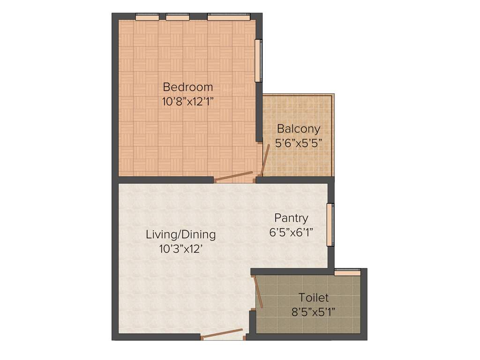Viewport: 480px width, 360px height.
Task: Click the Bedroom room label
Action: coord(187,87)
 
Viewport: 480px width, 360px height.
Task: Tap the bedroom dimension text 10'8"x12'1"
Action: coord(187,101)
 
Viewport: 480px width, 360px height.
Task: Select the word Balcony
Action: coord(299,128)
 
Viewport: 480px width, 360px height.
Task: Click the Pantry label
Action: coord(291,218)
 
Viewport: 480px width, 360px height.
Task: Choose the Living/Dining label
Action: coord(180,234)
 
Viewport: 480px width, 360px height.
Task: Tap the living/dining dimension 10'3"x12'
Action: coord(180,248)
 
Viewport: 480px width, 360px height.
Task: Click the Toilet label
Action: coord(314,298)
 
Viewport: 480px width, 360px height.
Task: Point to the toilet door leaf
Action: coord(256,291)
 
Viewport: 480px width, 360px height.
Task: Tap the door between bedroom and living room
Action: coord(233,176)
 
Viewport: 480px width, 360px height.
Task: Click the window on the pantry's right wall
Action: coord(330,224)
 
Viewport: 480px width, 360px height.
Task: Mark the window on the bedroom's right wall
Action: coord(258,61)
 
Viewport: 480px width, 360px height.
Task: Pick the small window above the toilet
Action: coord(347,270)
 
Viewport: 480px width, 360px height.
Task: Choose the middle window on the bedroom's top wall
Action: coord(178,17)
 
